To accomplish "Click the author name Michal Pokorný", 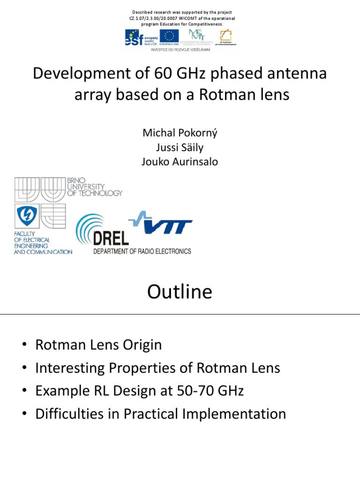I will click(x=180, y=133).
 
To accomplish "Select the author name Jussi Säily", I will click(x=180, y=147).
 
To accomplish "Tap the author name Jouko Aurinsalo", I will click(x=180, y=162).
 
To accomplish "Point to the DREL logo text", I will click(x=111, y=238).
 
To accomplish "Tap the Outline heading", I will click(x=180, y=292).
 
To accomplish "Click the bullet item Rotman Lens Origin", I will click(x=98, y=345).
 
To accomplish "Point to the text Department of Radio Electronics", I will click(x=142, y=251).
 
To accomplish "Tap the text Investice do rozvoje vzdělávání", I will click(x=180, y=49).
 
